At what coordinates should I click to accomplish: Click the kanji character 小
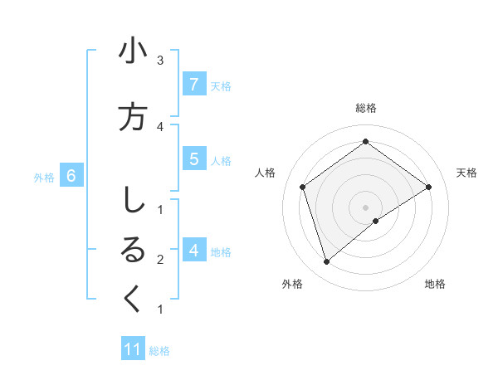click(133, 52)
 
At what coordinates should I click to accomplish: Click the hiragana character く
click(133, 300)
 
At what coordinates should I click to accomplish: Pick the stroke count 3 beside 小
click(160, 61)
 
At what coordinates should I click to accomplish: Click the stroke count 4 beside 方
click(160, 126)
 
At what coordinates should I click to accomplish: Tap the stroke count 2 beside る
click(160, 260)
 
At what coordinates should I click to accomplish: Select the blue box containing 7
click(193, 85)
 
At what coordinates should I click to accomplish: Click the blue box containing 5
click(193, 158)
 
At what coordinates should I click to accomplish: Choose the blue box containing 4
click(193, 250)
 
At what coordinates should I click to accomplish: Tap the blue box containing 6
click(71, 176)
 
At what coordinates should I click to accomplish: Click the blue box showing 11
click(133, 349)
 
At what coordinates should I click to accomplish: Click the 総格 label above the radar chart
click(366, 108)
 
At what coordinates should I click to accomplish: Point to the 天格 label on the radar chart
click(466, 173)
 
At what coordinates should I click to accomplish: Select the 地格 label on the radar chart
click(435, 284)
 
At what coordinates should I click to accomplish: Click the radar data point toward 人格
click(303, 187)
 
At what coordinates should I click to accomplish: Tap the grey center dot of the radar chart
click(366, 207)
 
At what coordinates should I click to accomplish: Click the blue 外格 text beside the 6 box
click(44, 177)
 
